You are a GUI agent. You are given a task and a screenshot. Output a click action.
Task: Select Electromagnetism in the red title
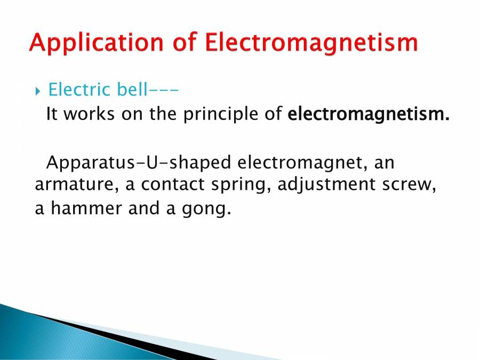coord(311,43)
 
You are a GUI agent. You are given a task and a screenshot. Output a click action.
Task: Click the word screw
coord(412,185)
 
